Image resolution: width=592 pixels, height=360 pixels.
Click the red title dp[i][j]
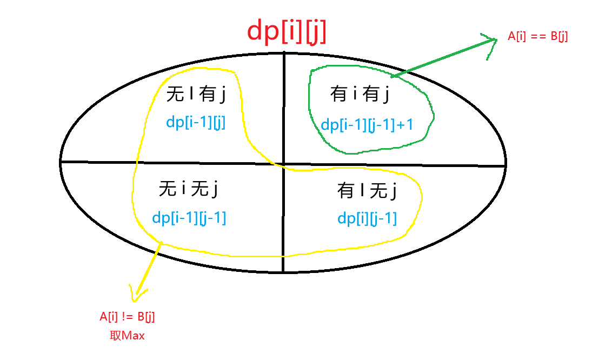point(287,31)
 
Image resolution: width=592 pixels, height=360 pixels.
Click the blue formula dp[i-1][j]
point(196,122)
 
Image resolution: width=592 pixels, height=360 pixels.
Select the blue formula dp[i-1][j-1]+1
point(367,125)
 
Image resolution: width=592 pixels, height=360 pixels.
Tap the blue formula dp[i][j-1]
point(367,218)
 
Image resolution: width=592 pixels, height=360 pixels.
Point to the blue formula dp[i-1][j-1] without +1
point(189,218)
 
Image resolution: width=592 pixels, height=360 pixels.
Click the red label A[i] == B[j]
point(537,36)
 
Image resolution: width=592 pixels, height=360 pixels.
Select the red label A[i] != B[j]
point(127,317)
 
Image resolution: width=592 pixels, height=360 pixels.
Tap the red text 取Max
point(127,336)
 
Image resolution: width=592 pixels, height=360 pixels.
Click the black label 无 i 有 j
point(196,94)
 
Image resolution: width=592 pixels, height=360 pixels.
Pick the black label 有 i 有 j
point(360,94)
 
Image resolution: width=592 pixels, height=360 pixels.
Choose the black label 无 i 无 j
point(188,188)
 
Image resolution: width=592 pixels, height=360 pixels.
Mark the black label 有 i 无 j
point(367,190)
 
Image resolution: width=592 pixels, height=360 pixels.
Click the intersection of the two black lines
point(283,164)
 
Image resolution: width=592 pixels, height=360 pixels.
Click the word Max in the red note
point(133,336)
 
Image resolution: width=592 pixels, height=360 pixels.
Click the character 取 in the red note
point(115,336)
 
